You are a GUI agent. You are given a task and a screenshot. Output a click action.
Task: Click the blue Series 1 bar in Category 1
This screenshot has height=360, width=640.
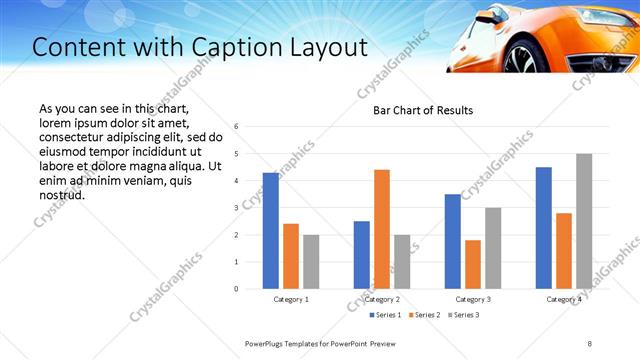pyautogui.click(x=270, y=231)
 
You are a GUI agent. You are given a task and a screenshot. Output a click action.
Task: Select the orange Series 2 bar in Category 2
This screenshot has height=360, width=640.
pyautogui.click(x=382, y=229)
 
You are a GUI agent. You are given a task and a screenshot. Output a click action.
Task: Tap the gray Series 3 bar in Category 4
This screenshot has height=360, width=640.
pyautogui.click(x=584, y=221)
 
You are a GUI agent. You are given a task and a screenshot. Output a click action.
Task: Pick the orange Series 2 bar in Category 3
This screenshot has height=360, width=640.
pyautogui.click(x=473, y=264)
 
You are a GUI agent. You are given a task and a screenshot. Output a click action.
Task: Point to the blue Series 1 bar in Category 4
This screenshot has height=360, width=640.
pyautogui.click(x=543, y=228)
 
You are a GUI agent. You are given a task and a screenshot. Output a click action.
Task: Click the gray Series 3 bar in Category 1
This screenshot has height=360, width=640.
pyautogui.click(x=311, y=262)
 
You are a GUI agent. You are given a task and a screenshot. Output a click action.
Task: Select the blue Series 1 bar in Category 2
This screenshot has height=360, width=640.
pyautogui.click(x=361, y=255)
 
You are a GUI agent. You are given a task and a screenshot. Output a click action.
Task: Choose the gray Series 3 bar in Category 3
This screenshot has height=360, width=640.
pyautogui.click(x=493, y=248)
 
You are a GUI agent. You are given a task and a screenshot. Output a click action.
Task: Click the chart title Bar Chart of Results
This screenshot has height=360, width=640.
pyautogui.click(x=423, y=110)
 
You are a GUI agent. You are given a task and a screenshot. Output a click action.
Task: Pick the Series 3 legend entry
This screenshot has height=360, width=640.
pyautogui.click(x=465, y=316)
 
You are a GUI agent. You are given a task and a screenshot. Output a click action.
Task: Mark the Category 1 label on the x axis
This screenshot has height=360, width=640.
pyautogui.click(x=291, y=299)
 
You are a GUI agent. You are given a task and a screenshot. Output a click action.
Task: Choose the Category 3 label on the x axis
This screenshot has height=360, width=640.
pyautogui.click(x=473, y=299)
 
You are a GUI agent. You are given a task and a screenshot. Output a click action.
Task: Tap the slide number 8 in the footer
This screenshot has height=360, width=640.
pyautogui.click(x=589, y=343)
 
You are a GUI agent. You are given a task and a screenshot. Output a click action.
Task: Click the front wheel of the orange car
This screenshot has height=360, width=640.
pyautogui.click(x=525, y=57)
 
